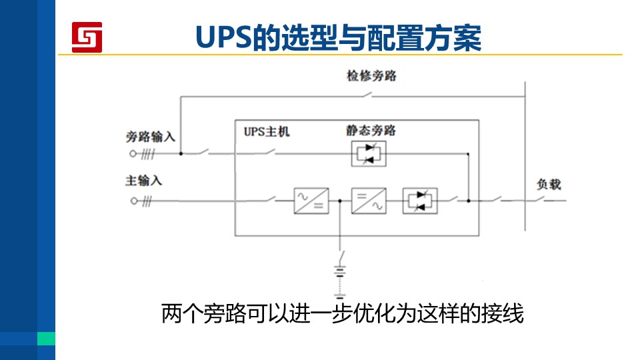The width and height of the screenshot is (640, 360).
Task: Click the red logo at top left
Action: coord(87,37)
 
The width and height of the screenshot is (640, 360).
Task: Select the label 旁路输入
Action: coord(150,137)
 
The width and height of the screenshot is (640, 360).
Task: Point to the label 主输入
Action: coord(143,181)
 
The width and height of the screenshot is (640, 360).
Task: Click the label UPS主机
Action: coord(267,131)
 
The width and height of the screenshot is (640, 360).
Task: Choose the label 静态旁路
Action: coord(371,131)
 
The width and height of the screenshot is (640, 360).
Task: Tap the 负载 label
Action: coord(549,185)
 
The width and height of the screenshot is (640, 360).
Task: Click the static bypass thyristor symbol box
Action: coord(369,154)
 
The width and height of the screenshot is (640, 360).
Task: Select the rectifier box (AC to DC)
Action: coord(311,200)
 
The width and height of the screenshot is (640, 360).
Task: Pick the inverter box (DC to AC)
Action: coord(369,200)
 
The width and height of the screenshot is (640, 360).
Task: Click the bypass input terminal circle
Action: coord(133,154)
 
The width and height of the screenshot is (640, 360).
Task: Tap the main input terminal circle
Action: coord(133,201)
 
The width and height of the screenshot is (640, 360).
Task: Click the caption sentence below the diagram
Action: coord(343,314)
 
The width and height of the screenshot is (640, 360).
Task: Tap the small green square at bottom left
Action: coord(46,339)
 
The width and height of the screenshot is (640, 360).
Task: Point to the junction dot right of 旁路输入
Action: coord(181,154)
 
